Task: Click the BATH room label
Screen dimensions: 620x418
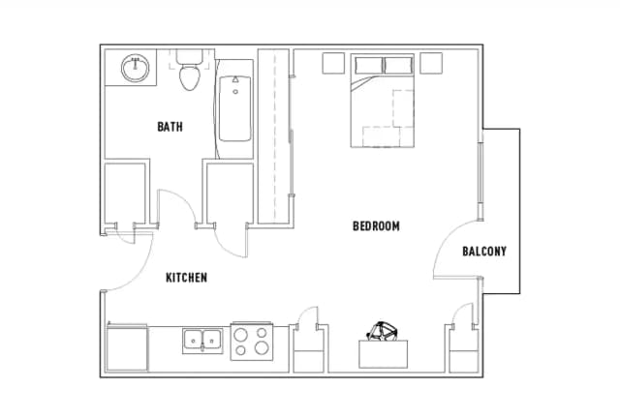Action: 170,127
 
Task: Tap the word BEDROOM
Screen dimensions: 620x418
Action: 376,226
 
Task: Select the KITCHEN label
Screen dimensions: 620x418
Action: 186,278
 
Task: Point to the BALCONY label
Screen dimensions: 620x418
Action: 484,252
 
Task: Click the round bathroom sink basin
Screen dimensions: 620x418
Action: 136,68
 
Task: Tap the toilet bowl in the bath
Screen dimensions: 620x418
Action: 190,77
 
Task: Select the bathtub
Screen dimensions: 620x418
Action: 234,108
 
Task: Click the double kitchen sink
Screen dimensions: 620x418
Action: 202,341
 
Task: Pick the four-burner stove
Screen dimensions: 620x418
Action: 252,341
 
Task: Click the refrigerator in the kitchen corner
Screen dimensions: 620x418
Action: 127,348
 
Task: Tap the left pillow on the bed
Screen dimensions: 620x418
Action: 369,65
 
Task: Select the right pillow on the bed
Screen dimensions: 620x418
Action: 398,65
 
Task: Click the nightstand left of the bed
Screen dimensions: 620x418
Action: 333,63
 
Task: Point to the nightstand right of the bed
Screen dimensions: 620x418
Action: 431,63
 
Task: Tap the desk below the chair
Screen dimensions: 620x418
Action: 384,354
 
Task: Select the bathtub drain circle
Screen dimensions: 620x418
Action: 235,92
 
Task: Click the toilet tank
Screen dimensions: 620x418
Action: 190,56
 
